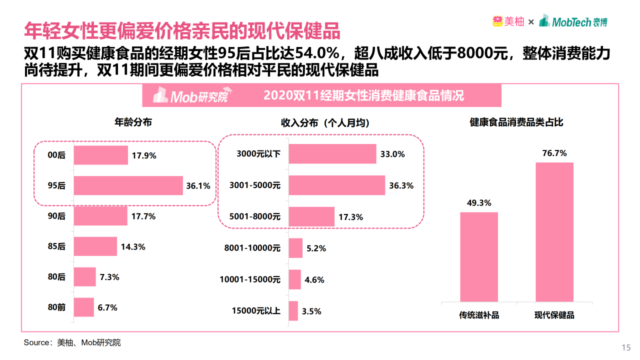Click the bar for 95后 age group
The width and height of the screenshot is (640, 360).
point(128,185)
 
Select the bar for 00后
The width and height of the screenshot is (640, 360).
point(100,155)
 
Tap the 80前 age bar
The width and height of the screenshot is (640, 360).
point(83,307)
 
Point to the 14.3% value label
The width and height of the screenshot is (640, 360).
point(133,246)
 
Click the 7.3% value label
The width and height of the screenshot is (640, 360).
point(109,277)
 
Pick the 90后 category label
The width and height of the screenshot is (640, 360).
point(56,216)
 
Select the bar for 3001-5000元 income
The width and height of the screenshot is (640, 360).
point(336,185)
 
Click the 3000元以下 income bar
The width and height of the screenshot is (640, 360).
point(332,154)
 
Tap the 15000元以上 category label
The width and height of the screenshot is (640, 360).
point(256,311)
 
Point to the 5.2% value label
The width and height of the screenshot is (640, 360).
point(316,248)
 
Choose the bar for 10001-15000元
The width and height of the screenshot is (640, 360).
point(294,279)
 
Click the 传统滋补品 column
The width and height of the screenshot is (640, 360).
point(479,257)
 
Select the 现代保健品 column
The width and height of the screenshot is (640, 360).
point(554,232)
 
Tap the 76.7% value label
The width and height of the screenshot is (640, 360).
point(554,153)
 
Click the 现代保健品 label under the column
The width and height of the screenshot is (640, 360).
point(554,315)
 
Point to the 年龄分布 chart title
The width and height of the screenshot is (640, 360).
point(133,122)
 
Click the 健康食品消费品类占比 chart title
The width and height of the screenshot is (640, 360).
point(516,122)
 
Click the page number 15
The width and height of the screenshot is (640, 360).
point(625,348)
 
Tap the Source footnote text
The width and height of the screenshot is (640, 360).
point(72,342)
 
